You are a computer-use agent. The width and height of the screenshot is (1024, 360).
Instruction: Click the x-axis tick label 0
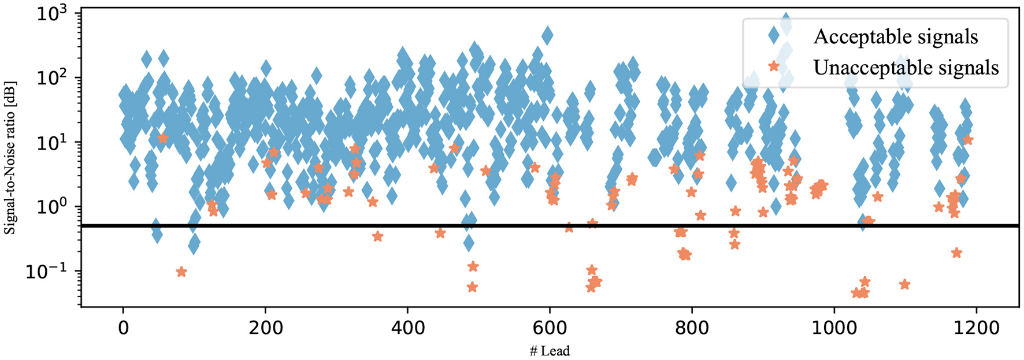123,328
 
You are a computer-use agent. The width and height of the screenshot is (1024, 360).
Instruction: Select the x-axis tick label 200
265,328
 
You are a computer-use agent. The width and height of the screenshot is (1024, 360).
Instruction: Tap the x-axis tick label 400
407,328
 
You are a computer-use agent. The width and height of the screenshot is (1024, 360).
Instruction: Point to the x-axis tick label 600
550,328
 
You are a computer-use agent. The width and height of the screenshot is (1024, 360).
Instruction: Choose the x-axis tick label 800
692,328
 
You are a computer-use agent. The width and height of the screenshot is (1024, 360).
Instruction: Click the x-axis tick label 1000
834,328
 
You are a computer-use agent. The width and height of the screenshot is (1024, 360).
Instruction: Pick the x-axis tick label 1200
976,328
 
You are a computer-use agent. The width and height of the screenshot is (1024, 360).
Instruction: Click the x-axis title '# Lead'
549,351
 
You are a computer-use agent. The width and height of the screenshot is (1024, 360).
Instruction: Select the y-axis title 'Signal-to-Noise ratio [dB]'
10,157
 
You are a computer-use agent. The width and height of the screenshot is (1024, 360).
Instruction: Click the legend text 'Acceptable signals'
896,37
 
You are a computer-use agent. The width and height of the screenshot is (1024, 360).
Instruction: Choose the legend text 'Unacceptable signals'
906,68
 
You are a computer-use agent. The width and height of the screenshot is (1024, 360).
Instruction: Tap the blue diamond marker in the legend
774,36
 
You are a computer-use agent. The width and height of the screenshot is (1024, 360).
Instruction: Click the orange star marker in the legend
774,66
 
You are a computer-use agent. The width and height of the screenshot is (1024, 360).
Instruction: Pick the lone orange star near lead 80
181,272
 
